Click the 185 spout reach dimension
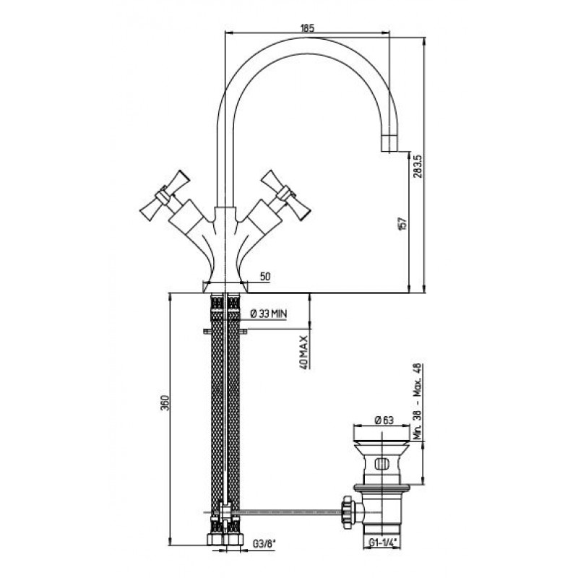[308, 27]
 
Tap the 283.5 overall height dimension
[418, 166]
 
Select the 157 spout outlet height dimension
[402, 223]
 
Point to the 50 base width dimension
[265, 277]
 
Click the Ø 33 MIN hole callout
[268, 314]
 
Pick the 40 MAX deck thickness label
[303, 353]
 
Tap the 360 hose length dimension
[165, 403]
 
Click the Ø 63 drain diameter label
[384, 420]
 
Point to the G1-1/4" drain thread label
[383, 543]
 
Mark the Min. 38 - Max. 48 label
[418, 401]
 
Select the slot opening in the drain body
[382, 463]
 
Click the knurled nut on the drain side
[348, 513]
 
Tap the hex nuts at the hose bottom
[225, 539]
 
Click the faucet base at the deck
[225, 287]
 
